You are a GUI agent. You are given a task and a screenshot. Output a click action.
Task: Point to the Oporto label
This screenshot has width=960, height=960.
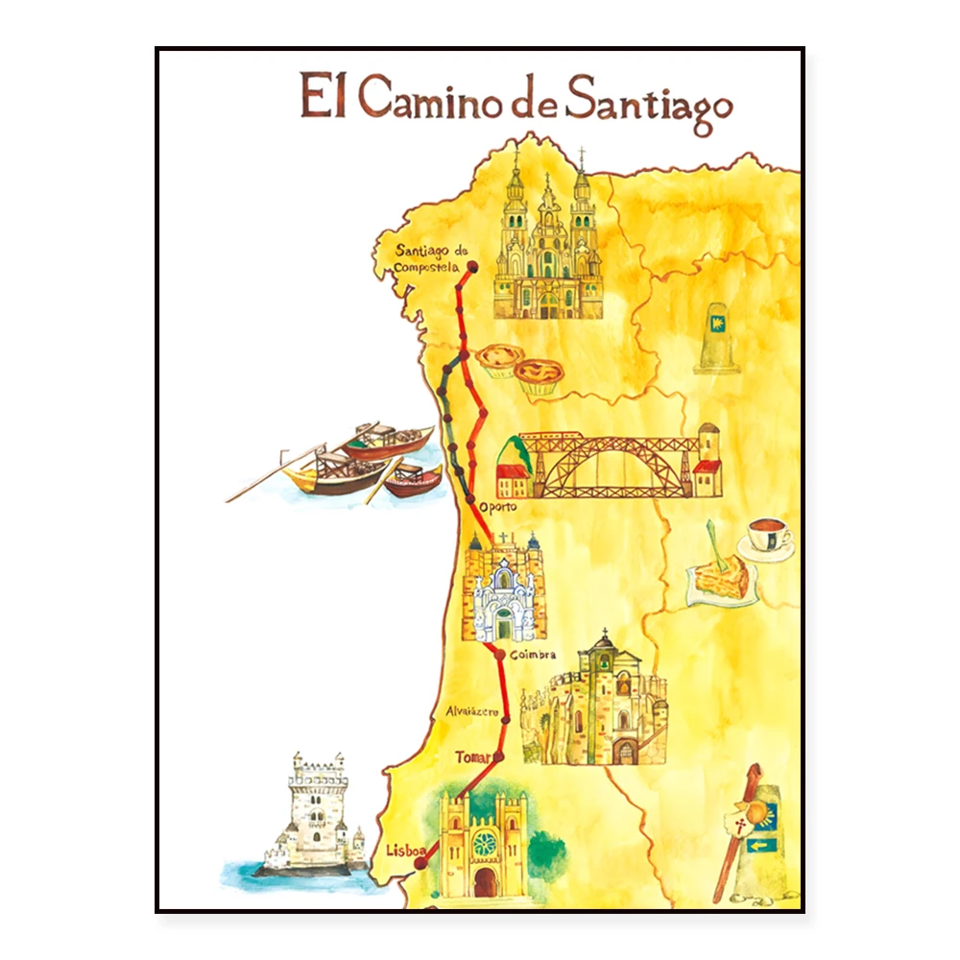(498, 506)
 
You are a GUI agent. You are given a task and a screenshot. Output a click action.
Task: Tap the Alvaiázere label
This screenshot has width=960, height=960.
(471, 711)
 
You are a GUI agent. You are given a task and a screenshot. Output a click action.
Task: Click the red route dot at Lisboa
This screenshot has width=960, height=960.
(420, 864)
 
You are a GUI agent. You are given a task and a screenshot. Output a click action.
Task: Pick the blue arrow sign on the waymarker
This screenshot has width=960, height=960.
(762, 846)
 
